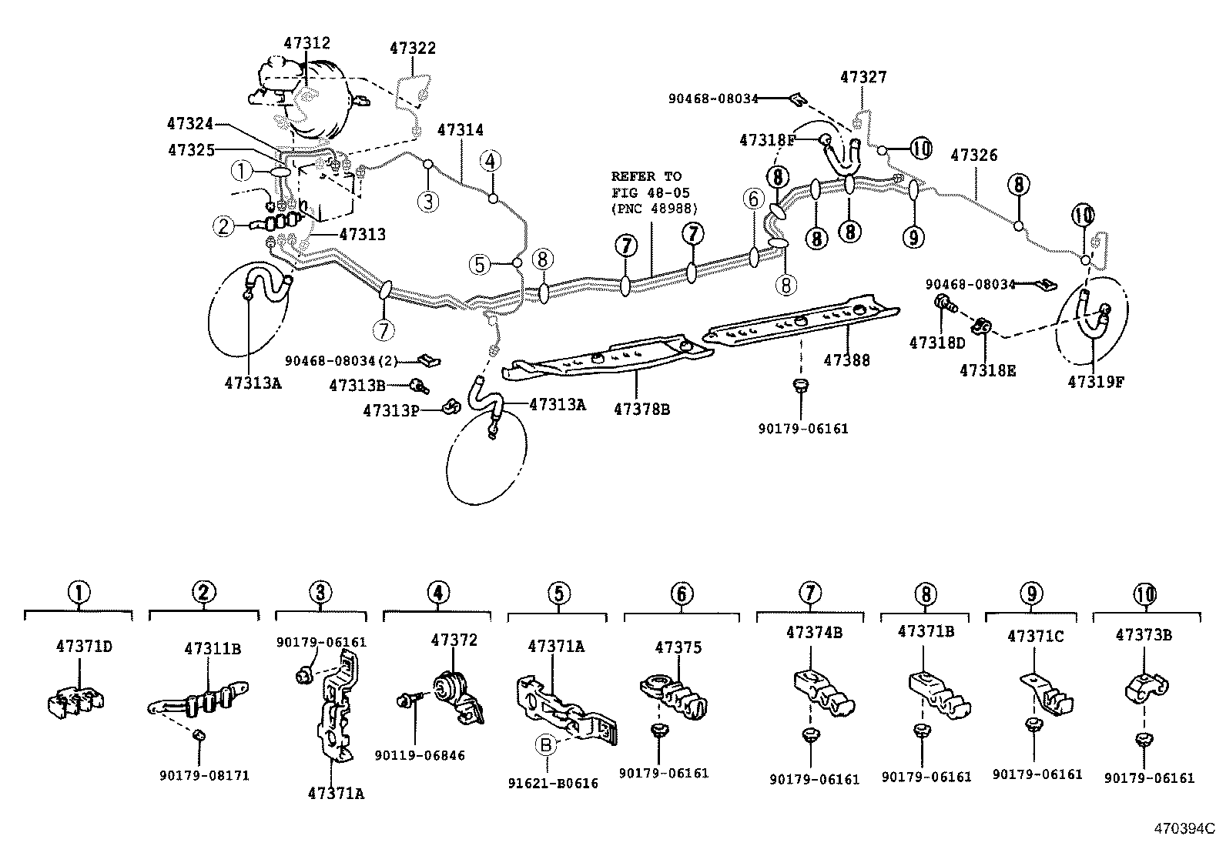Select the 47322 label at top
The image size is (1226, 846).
coord(412,48)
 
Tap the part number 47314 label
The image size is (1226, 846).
coord(461,130)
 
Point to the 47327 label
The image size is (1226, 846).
coord(863,77)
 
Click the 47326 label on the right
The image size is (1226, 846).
coord(973,155)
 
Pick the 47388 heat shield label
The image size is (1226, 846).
coord(846,359)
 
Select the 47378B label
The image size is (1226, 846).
coord(641,409)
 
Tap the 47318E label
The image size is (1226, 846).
coord(987,371)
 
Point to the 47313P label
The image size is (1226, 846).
coord(390,411)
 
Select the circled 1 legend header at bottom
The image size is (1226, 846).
coord(79,593)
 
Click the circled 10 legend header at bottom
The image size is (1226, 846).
coord(1144,594)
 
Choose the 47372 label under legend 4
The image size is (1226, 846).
coord(454,640)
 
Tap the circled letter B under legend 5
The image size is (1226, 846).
coord(545,744)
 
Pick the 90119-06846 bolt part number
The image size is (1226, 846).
coord(420,756)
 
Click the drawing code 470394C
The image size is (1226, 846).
coord(1183,829)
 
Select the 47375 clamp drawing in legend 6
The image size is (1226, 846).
coord(674,693)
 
